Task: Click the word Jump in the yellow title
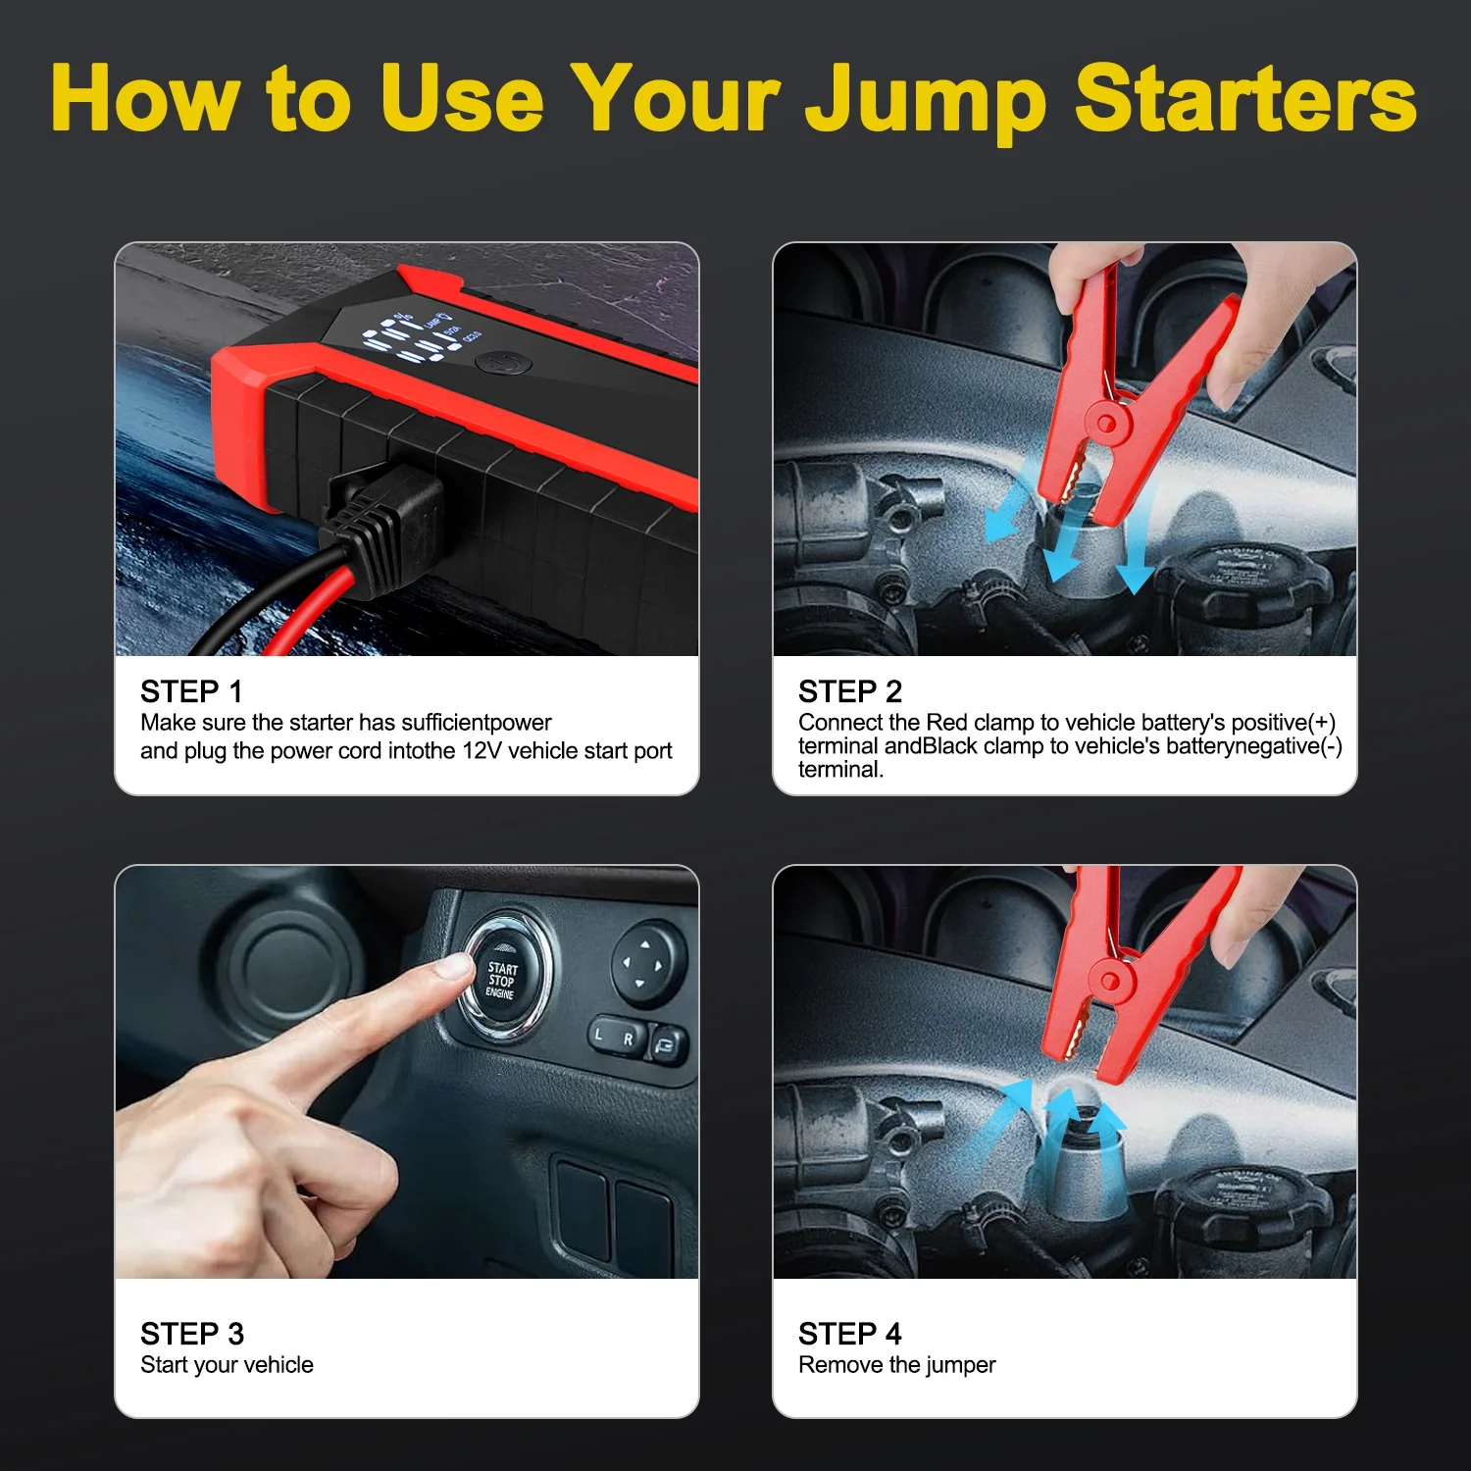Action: (x=924, y=101)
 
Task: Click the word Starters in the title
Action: (x=1246, y=97)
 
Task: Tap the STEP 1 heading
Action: (x=191, y=691)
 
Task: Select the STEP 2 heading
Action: (x=849, y=691)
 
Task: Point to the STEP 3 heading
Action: (x=191, y=1334)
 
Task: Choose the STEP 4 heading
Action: (x=849, y=1334)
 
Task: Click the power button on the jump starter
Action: (x=503, y=364)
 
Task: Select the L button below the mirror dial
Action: (x=600, y=1035)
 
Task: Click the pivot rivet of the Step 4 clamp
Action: (x=1110, y=981)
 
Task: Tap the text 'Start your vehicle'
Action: (x=227, y=1365)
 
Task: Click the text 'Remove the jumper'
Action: (x=896, y=1365)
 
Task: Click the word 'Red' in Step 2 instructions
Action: (x=946, y=723)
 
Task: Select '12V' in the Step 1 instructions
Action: (x=482, y=751)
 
